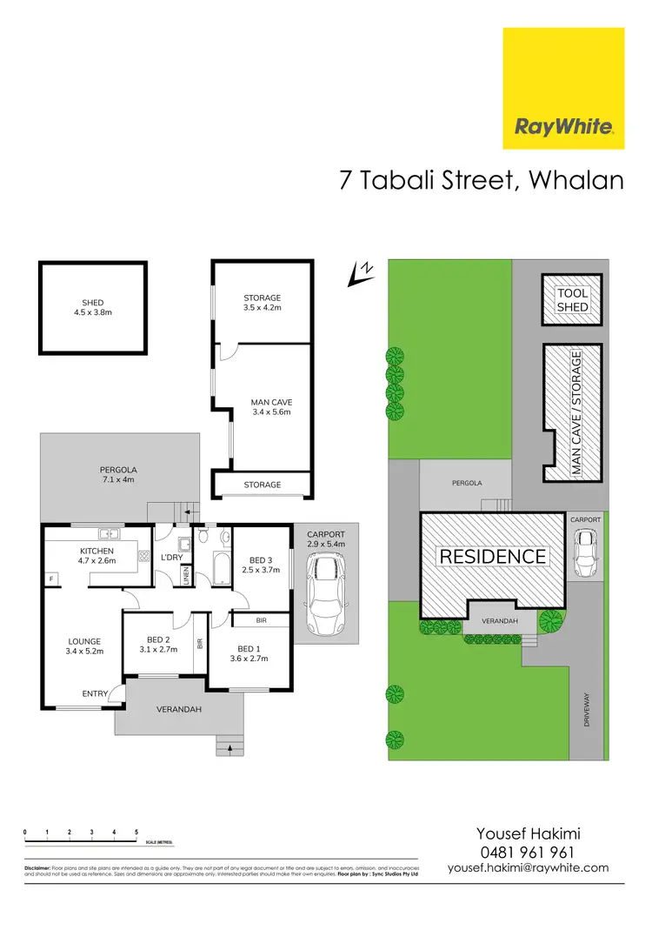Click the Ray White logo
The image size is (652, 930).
click(x=564, y=89)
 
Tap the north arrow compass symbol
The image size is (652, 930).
click(x=358, y=273)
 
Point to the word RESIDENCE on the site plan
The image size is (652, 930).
click(x=492, y=557)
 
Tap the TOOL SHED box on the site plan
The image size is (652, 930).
click(x=572, y=300)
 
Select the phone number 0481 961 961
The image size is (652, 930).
click(x=528, y=853)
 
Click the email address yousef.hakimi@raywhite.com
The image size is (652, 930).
click(x=528, y=868)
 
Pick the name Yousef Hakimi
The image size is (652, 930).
click(x=528, y=833)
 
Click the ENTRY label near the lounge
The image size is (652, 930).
click(x=96, y=693)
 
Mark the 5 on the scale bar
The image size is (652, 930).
click(x=136, y=833)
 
